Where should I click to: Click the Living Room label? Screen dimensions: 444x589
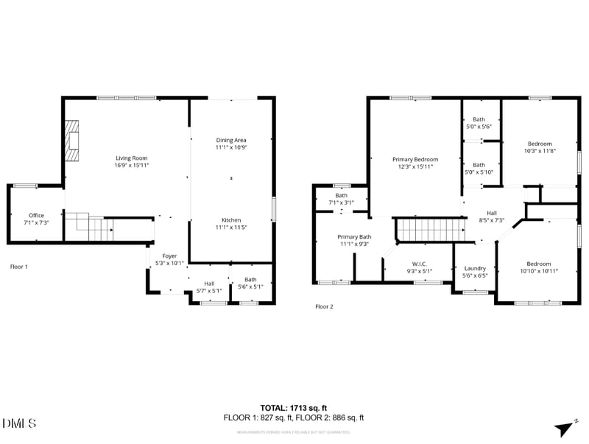(x=132, y=158)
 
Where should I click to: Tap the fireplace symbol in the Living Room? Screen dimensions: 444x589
(x=72, y=141)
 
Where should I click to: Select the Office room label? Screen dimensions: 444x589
(x=36, y=216)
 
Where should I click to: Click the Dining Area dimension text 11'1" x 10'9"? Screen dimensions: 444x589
(x=231, y=147)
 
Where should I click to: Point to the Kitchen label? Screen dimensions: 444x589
(x=231, y=219)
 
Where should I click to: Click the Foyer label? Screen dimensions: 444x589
(x=169, y=256)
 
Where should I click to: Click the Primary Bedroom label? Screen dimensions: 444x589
(x=415, y=159)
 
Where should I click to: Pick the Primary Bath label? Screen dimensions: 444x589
(x=354, y=236)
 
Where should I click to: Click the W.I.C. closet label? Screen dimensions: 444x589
(x=420, y=264)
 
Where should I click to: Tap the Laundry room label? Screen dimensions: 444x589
(x=474, y=268)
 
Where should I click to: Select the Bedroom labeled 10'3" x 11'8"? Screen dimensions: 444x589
(x=539, y=144)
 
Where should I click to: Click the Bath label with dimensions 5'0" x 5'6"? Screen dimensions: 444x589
(x=479, y=119)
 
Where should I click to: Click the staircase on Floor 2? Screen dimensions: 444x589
(x=431, y=229)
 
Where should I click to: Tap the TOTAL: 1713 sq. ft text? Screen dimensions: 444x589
(x=294, y=407)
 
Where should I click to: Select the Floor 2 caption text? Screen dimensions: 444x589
(x=324, y=306)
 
